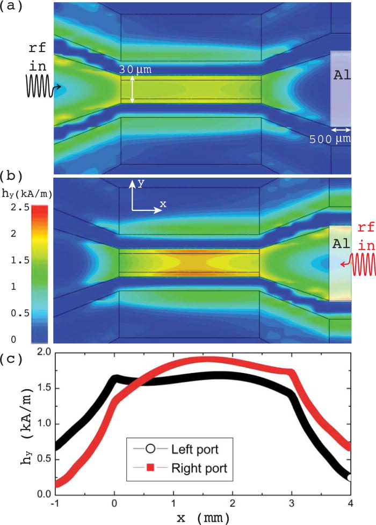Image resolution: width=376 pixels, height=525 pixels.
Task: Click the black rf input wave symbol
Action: point(40,86)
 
